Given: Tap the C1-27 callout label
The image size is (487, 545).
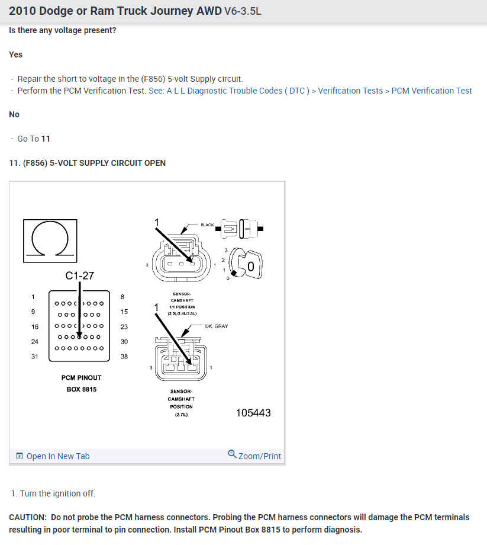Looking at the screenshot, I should (x=79, y=275).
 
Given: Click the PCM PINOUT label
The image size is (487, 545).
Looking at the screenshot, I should (x=81, y=377).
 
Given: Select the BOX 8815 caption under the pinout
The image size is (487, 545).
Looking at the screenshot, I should (x=81, y=389).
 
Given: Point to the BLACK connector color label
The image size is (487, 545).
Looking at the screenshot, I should (x=207, y=225).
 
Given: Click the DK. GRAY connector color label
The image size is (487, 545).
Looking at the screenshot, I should (x=216, y=326).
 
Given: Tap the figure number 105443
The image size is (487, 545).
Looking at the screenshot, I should (x=253, y=413).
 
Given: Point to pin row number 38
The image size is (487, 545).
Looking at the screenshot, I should (x=124, y=357).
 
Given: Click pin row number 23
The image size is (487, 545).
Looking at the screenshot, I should (x=124, y=327).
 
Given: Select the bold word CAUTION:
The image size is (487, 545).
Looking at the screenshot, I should (x=27, y=517).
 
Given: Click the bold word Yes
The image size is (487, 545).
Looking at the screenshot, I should (x=16, y=54).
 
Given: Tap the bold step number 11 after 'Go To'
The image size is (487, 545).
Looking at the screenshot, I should (x=46, y=139).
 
